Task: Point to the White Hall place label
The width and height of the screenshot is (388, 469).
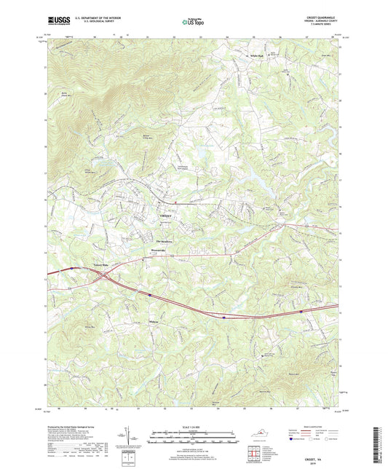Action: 256,56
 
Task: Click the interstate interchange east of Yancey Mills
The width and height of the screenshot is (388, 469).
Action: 106,277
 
